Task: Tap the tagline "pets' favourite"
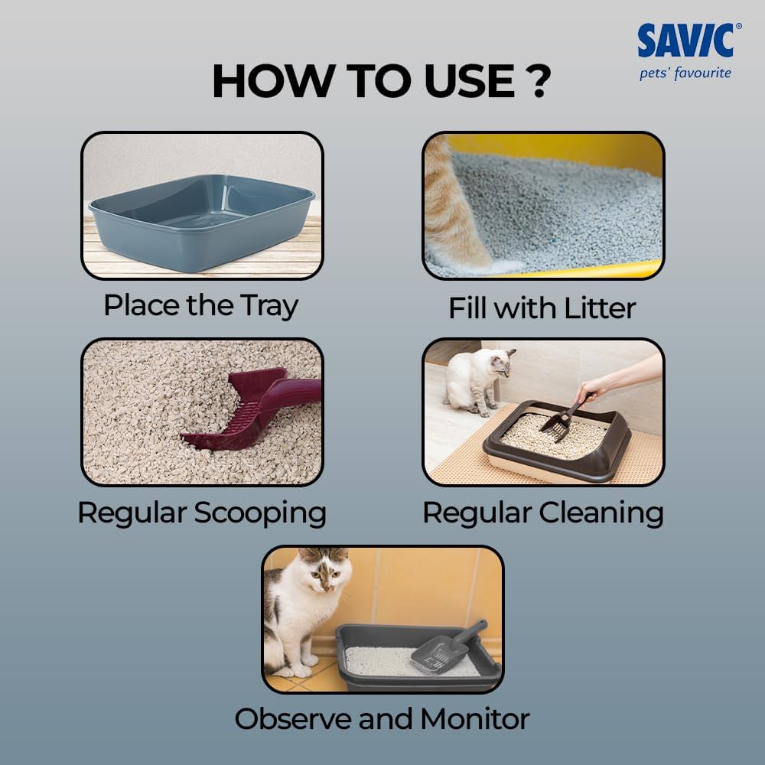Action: click(x=685, y=73)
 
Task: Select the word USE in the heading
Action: click(x=469, y=81)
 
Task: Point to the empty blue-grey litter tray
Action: click(x=201, y=222)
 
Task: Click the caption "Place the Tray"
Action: click(x=201, y=306)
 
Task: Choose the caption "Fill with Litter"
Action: click(x=542, y=308)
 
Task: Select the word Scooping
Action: click(x=260, y=514)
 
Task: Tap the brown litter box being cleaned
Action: click(x=556, y=441)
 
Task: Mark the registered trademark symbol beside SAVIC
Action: click(x=738, y=26)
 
